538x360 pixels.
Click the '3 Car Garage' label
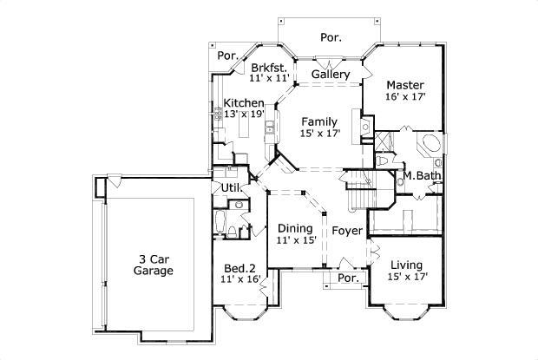(x=153, y=265)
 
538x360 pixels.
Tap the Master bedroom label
(x=405, y=85)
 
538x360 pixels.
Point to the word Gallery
(x=331, y=75)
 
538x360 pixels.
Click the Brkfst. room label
(x=267, y=67)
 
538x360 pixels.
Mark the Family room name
(x=319, y=121)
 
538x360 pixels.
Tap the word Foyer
(x=347, y=231)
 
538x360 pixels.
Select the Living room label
(x=406, y=265)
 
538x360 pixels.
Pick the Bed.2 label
(x=239, y=268)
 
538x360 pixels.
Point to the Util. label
(x=231, y=187)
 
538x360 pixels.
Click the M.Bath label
(x=423, y=176)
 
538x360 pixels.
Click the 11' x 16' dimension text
(x=240, y=279)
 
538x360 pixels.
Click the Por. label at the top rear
(x=331, y=37)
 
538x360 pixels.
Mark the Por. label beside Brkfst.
(x=228, y=56)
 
